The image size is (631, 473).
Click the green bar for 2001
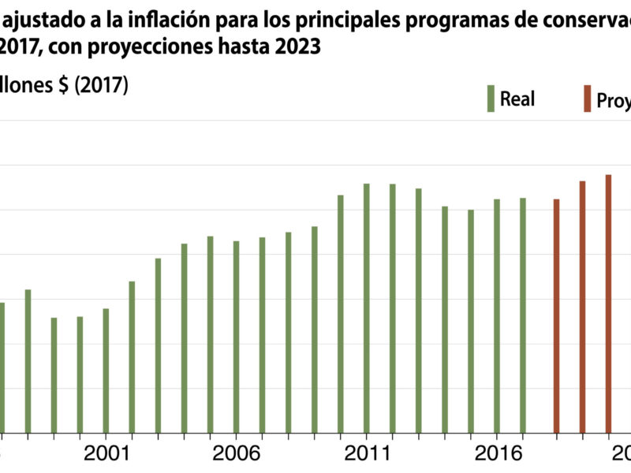point(106,370)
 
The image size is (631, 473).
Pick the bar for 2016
point(496,315)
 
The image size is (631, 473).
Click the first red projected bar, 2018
point(556,315)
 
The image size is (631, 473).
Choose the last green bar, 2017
point(522,315)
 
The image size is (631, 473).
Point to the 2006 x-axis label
point(236,454)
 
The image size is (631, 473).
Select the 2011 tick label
point(366,454)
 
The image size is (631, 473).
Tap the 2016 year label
point(496,454)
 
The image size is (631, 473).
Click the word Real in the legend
point(517,99)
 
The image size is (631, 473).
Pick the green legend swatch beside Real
point(491,99)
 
